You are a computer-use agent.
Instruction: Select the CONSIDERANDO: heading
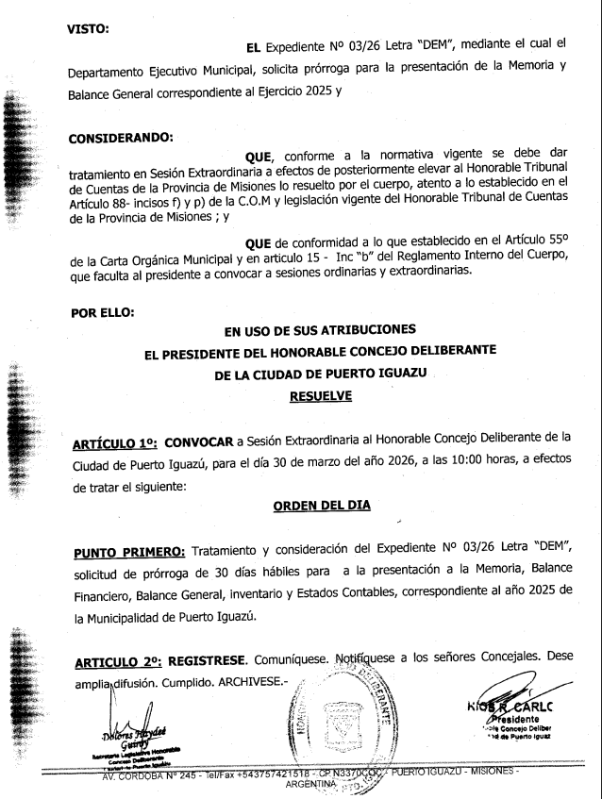click(x=121, y=139)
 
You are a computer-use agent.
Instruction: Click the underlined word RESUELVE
click(x=321, y=396)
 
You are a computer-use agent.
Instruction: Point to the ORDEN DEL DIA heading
click(x=322, y=505)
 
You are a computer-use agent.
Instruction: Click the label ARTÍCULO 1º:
click(x=115, y=441)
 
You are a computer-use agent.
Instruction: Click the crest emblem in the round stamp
click(x=343, y=727)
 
